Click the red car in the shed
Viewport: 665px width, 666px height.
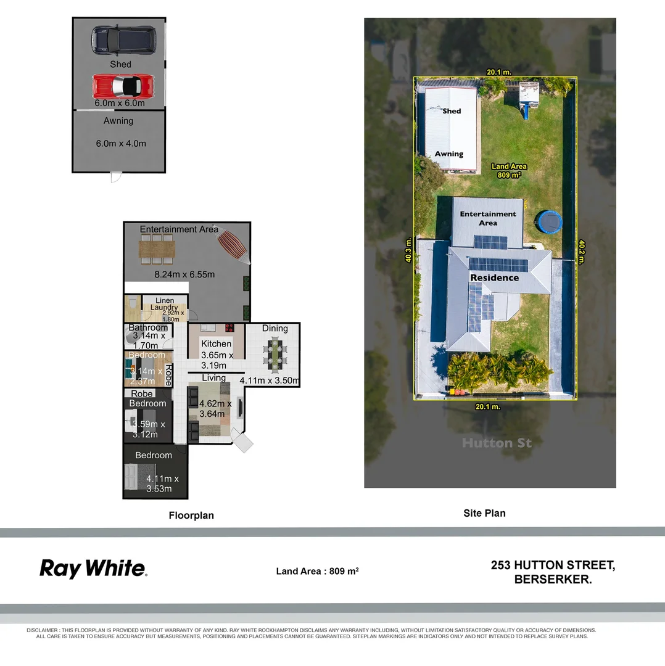(123, 86)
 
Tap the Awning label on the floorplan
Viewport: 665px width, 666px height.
(118, 121)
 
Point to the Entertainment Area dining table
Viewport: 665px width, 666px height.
(157, 250)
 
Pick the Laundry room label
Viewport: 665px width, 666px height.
(164, 307)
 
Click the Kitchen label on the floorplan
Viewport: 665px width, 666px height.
(217, 343)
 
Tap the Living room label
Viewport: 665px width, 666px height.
(214, 378)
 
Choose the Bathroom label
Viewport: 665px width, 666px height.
(148, 327)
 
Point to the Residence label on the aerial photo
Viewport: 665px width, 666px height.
(495, 277)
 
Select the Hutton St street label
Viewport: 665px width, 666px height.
(497, 443)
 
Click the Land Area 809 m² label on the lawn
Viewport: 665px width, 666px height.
(509, 170)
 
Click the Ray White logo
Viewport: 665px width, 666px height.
(93, 568)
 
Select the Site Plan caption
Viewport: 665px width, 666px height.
(484, 512)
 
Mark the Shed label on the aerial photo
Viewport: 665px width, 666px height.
(452, 111)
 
